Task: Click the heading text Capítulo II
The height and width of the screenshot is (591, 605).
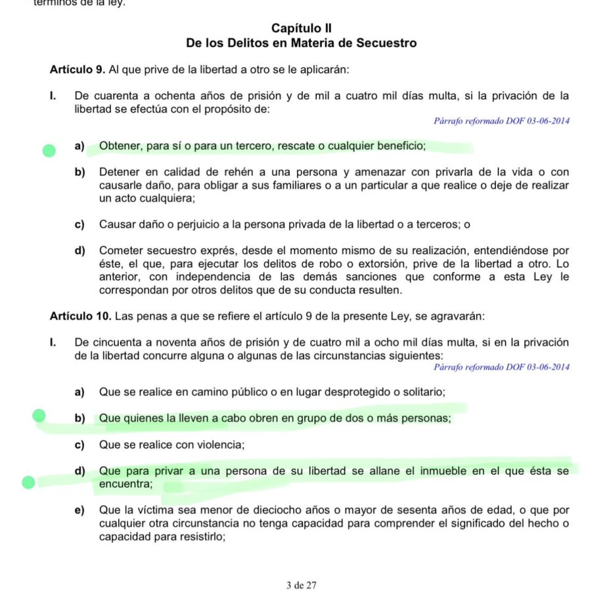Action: click(x=302, y=28)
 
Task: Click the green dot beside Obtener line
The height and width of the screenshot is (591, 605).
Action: click(x=48, y=152)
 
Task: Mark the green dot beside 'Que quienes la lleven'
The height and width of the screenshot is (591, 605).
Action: click(x=39, y=415)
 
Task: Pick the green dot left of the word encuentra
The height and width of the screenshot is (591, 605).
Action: click(x=28, y=483)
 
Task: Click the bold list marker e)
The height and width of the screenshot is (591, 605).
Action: click(x=79, y=510)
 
